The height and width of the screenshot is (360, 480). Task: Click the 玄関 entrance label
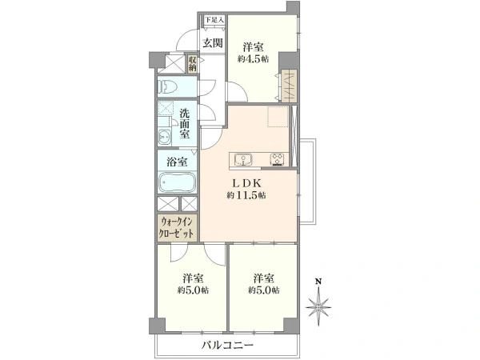[x=212, y=43]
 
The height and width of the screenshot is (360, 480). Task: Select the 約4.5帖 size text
[x=254, y=58]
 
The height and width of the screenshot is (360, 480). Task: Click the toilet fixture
[x=170, y=87]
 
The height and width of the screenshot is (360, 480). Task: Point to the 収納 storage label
[x=192, y=62]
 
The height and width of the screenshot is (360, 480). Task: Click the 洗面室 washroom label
[x=184, y=123]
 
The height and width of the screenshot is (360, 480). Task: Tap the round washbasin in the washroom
[x=165, y=136]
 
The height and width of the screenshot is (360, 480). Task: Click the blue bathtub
[x=175, y=183]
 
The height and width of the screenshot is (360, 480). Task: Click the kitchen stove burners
[x=278, y=158]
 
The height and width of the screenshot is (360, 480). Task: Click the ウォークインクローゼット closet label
[x=176, y=226]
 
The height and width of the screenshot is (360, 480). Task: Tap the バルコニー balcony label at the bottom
[x=227, y=345]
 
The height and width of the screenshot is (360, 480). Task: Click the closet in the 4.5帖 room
[x=287, y=84]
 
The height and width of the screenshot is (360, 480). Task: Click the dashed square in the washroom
[x=166, y=111]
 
